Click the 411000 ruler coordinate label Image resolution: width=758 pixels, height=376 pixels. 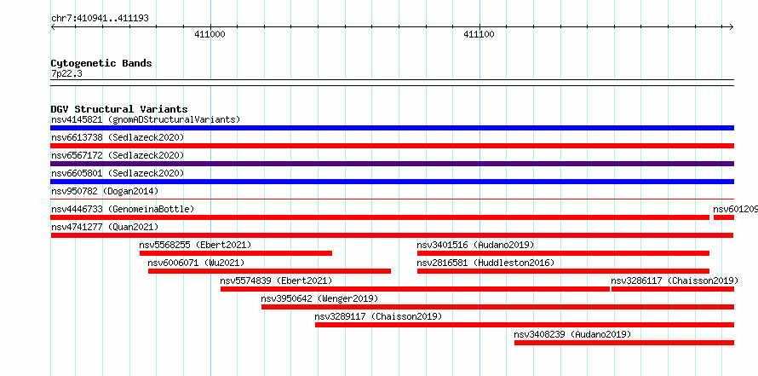pyautogui.click(x=210, y=34)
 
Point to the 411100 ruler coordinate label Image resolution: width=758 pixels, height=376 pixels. pyautogui.click(x=479, y=34)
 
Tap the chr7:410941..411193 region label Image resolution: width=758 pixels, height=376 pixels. pyautogui.click(x=100, y=19)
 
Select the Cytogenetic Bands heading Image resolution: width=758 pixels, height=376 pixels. pyautogui.click(x=101, y=63)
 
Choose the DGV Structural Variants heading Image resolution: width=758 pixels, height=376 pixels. pyautogui.click(x=119, y=109)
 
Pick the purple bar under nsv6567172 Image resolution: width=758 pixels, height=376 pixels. pyautogui.click(x=392, y=164)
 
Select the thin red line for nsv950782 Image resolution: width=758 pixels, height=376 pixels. pyautogui.click(x=392, y=199)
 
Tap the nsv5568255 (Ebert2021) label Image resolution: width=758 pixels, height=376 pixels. pyautogui.click(x=195, y=245)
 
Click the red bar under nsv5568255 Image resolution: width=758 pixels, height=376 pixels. pyautogui.click(x=236, y=253)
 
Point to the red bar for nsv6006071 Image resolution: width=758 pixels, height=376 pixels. pyautogui.click(x=269, y=271)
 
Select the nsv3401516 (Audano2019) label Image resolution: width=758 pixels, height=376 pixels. pyautogui.click(x=476, y=245)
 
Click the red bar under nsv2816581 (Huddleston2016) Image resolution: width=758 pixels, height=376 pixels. pyautogui.click(x=563, y=271)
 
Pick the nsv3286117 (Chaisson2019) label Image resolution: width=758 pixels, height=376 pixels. pyautogui.click(x=675, y=281)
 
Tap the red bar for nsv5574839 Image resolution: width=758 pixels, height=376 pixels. pyautogui.click(x=416, y=289)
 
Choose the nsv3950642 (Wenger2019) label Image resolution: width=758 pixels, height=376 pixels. pyautogui.click(x=319, y=298)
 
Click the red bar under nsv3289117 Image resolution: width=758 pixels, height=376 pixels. pyautogui.click(x=525, y=325)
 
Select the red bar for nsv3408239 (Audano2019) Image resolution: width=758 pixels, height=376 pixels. pyautogui.click(x=624, y=343)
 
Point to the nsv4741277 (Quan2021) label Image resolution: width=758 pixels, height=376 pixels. pyautogui.click(x=105, y=227)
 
